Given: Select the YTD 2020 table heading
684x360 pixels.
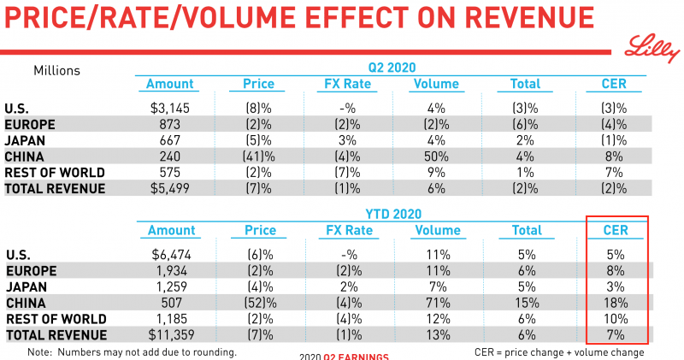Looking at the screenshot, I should [x=392, y=214].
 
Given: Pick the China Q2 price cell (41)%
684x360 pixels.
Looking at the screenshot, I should [x=253, y=157].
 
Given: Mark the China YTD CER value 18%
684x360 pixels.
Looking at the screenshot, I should [x=616, y=303].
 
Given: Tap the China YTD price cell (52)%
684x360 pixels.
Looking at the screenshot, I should [x=253, y=303].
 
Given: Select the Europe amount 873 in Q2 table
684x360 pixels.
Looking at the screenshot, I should [x=169, y=124].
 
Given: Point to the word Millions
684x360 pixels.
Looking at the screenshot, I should [x=56, y=70].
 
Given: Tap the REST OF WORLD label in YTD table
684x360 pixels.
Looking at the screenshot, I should [x=50, y=319].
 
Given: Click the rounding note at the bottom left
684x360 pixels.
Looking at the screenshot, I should [x=132, y=351].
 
